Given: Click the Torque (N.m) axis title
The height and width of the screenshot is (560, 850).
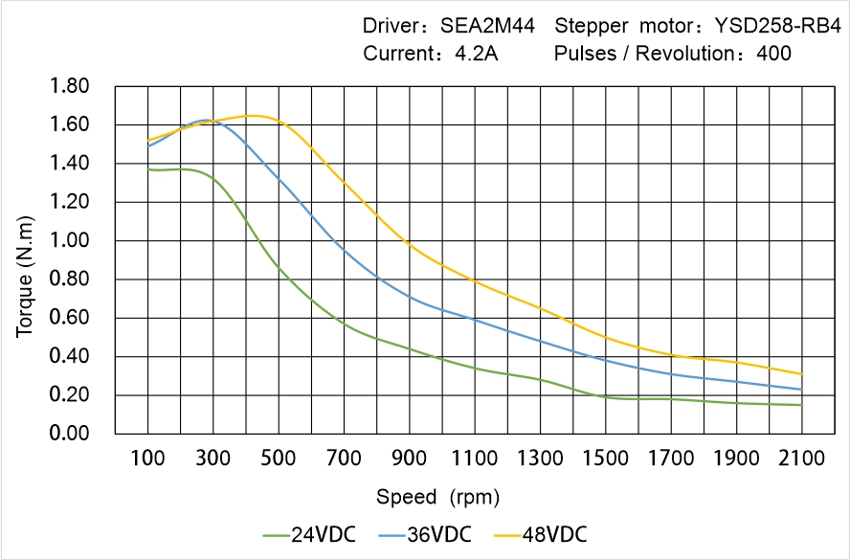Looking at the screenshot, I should pyautogui.click(x=26, y=259).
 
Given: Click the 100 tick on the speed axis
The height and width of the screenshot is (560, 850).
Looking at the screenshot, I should pyautogui.click(x=147, y=459).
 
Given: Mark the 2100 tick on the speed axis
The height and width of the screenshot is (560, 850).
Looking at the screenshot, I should pyautogui.click(x=801, y=459).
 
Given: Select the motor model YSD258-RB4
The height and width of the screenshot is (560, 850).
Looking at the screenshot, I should pyautogui.click(x=772, y=25).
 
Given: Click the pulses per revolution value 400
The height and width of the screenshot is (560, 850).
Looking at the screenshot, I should pyautogui.click(x=773, y=54).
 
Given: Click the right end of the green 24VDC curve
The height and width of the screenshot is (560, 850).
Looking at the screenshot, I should pyautogui.click(x=801, y=405).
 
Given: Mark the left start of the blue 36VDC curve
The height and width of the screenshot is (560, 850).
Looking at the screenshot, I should pyautogui.click(x=147, y=146).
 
